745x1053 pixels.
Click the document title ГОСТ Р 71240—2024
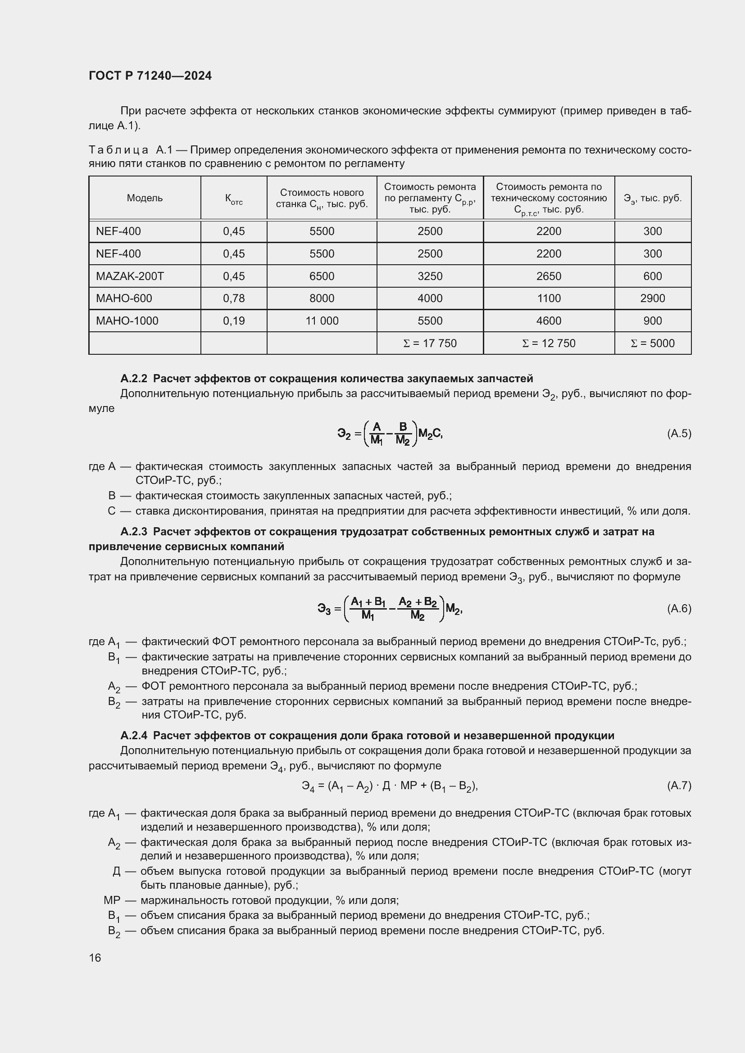click(x=150, y=76)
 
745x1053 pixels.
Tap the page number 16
click(x=95, y=958)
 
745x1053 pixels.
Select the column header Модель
click(x=145, y=198)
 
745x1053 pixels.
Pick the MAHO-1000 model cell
click(x=127, y=321)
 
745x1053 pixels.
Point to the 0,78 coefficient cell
click(x=233, y=298)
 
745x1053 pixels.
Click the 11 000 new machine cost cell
click(x=322, y=321)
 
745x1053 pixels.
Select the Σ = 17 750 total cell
click(x=429, y=343)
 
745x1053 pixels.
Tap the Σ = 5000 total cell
click(x=652, y=343)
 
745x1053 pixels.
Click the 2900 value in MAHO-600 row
click(x=652, y=298)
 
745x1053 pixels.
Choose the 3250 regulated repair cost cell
click(x=429, y=276)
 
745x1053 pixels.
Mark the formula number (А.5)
click(x=679, y=434)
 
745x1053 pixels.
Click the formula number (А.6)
click(x=679, y=609)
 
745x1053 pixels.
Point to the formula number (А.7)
click(x=679, y=786)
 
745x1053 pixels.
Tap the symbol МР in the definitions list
click(x=112, y=900)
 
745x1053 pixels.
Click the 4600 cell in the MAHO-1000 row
click(x=548, y=321)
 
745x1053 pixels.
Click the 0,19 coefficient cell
click(x=233, y=321)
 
